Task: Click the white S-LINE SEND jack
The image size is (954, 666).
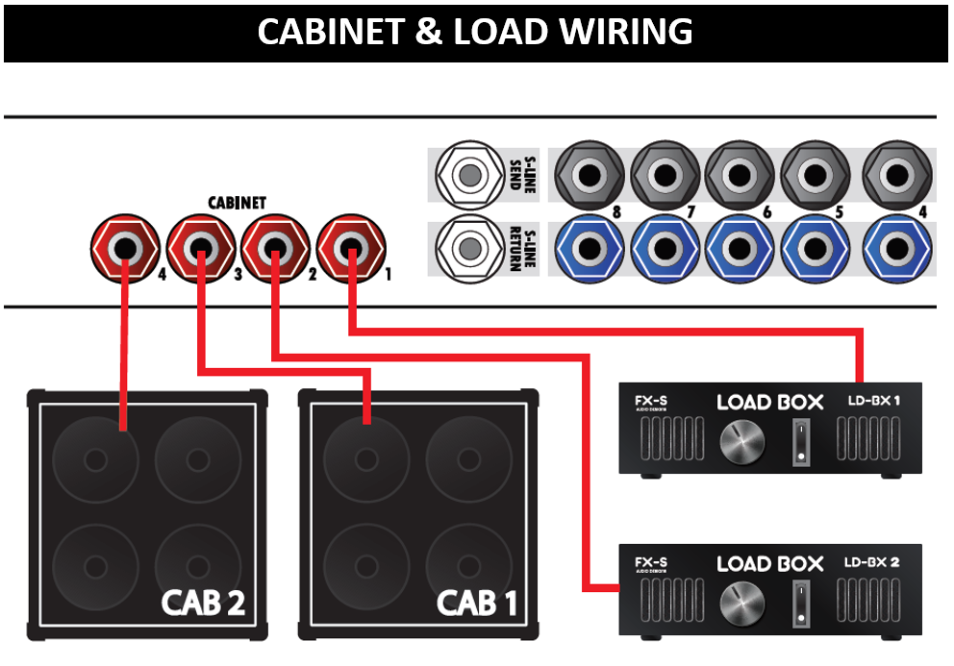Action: [468, 176]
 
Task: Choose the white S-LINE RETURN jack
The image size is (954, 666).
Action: [468, 249]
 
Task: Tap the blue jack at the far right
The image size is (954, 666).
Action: [898, 249]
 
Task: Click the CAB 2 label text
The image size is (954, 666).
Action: [203, 603]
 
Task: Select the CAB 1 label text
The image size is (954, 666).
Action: [477, 603]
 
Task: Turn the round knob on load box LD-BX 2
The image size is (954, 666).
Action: [738, 605]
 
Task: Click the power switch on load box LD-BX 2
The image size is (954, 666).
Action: [795, 605]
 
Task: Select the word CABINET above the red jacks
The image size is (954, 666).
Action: [237, 204]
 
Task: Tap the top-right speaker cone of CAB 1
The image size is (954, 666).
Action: [469, 459]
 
